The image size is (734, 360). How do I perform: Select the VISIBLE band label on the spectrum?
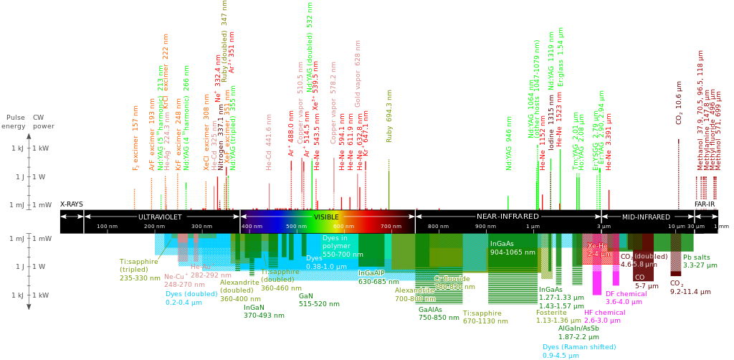click(326, 216)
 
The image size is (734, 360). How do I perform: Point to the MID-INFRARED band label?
click(646, 216)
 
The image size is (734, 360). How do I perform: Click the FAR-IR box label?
click(705, 204)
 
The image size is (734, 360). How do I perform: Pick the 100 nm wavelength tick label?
click(107, 227)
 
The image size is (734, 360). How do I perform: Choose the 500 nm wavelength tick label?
click(297, 227)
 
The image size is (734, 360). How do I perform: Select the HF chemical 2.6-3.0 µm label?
click(603, 316)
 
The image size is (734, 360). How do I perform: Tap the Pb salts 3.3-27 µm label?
click(700, 261)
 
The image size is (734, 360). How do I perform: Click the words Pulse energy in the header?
click(14, 121)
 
